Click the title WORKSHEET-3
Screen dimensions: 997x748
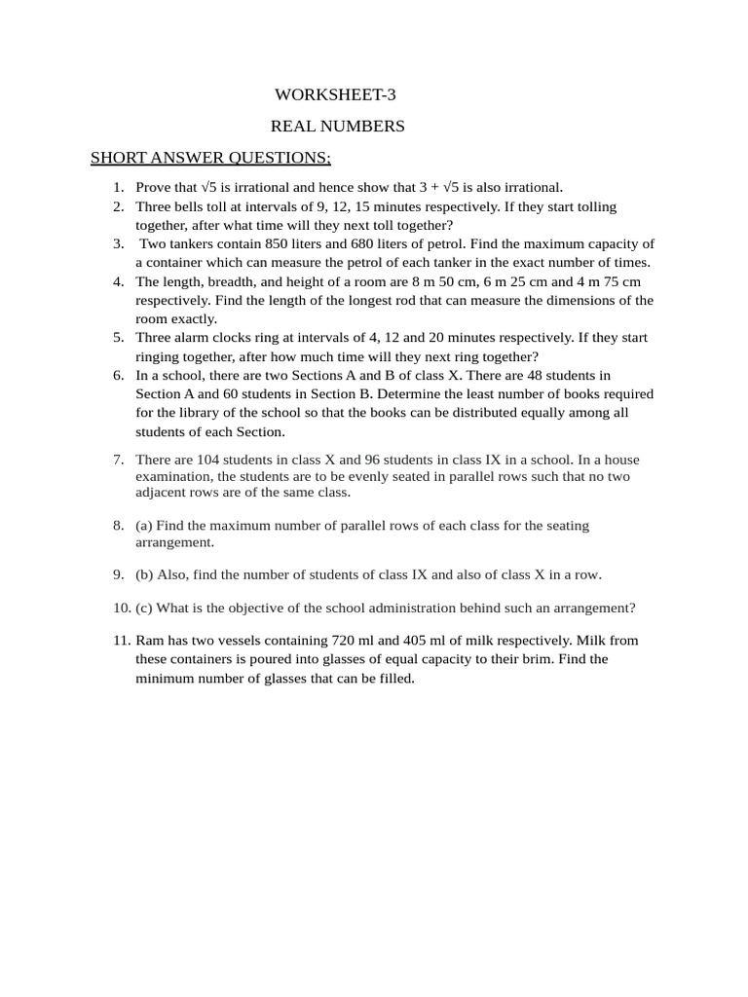pyautogui.click(x=336, y=94)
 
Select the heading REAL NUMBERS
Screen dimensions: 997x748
pyautogui.click(x=337, y=127)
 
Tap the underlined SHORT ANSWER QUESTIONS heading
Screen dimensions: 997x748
pyautogui.click(x=210, y=158)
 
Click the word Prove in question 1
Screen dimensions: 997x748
pyautogui.click(x=154, y=188)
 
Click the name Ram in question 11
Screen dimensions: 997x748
pyautogui.click(x=149, y=641)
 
